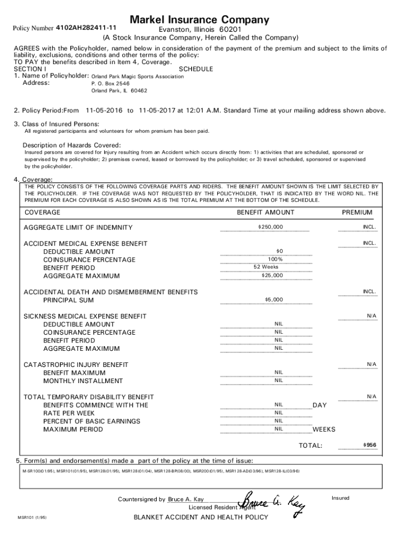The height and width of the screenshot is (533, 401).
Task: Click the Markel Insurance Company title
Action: point(199,20)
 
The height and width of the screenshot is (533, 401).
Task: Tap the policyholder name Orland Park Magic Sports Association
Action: point(137,77)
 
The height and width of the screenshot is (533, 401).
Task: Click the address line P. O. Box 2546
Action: point(110,83)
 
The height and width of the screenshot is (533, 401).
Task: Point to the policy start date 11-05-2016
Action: point(104,110)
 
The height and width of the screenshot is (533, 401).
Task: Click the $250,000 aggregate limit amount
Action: point(270,227)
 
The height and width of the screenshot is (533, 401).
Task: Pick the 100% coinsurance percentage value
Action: point(275,259)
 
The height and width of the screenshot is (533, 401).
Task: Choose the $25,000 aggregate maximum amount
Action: point(272,275)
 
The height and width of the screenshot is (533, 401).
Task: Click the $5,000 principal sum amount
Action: point(274,300)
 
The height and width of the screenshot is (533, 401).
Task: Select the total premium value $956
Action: point(369,445)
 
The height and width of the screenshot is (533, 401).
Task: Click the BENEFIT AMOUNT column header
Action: point(265,212)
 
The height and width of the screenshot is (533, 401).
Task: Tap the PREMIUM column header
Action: point(357,212)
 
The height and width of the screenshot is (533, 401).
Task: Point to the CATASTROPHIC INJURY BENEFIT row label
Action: point(76,365)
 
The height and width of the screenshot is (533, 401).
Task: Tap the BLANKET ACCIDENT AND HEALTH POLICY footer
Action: point(200,517)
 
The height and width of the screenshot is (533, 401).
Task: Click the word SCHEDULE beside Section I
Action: point(196,69)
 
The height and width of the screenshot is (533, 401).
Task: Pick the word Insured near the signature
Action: point(340,498)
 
